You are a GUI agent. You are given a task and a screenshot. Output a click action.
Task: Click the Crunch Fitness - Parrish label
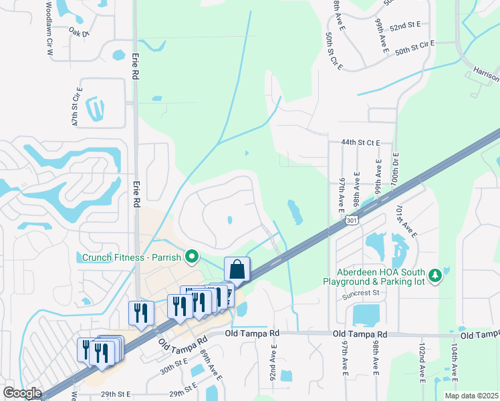click(x=132, y=257)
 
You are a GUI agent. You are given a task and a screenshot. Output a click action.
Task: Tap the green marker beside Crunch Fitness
click(x=193, y=256)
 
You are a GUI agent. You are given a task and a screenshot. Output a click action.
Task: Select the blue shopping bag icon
click(x=237, y=269)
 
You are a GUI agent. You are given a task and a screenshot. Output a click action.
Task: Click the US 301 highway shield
click(x=352, y=219)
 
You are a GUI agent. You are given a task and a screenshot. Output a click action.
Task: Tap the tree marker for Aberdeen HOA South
click(x=435, y=275)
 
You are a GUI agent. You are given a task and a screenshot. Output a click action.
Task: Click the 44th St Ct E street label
click(x=360, y=142)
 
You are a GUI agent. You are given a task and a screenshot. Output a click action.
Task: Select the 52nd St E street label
click(x=406, y=25)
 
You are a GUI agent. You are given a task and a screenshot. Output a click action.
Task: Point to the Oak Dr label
click(x=79, y=31)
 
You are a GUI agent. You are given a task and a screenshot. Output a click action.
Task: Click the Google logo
click(x=21, y=393)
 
